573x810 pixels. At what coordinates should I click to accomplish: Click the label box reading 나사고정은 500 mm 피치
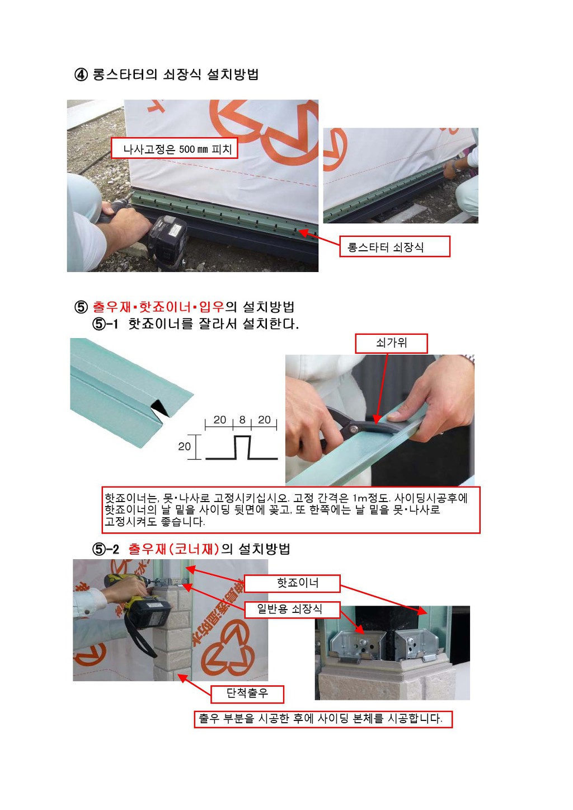point(174,148)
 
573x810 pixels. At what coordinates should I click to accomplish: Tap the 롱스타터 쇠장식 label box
point(394,247)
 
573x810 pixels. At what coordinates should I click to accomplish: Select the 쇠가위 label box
point(392,343)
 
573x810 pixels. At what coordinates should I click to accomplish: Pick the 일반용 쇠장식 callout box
point(292,610)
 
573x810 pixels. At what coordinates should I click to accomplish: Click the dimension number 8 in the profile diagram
point(242,420)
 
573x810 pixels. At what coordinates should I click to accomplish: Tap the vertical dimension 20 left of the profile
point(184,447)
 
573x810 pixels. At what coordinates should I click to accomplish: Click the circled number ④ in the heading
point(81,75)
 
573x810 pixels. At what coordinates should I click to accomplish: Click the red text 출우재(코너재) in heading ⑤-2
point(173,549)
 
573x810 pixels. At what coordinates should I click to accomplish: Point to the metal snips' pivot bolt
point(353,429)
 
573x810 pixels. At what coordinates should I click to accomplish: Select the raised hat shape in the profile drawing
point(242,448)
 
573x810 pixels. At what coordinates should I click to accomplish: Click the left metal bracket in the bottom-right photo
point(356,647)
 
